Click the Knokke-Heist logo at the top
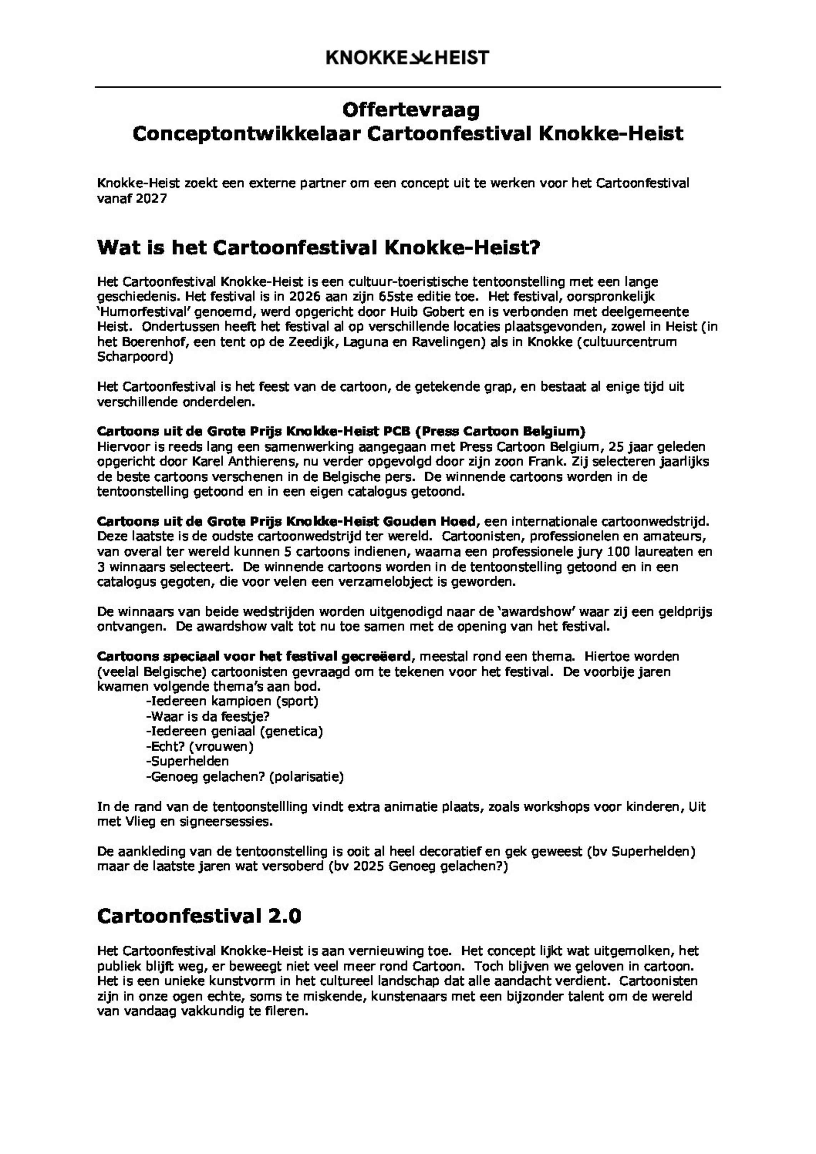(408, 58)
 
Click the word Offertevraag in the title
(410, 110)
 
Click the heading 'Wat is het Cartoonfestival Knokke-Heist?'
(318, 247)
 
